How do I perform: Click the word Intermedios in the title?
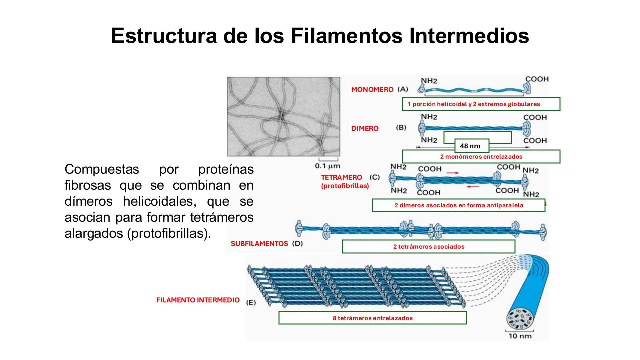point(469,36)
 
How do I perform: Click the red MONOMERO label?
point(372,90)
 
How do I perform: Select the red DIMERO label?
point(365,129)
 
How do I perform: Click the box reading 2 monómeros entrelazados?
point(481,157)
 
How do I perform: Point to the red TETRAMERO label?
point(341,178)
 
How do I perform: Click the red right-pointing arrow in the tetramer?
point(452,173)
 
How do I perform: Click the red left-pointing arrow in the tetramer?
point(473,187)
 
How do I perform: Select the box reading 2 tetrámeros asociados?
point(428,247)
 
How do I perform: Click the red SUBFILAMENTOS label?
point(259,244)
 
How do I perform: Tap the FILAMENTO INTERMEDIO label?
point(198,300)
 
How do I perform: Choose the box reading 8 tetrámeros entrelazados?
point(372,318)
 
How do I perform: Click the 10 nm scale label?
point(520,336)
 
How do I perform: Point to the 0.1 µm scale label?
point(328,166)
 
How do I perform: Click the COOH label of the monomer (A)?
point(537,79)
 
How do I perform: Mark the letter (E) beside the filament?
point(251,303)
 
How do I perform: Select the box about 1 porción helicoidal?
point(481,104)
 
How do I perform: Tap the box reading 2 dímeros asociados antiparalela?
point(458,205)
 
